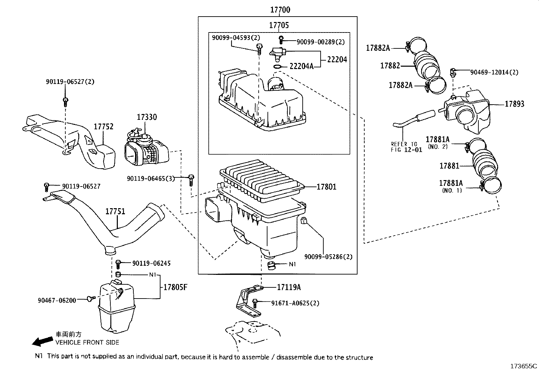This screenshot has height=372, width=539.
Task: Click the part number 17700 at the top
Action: tap(280, 10)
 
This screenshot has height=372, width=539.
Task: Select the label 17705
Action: tap(279, 25)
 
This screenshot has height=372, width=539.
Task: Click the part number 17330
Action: tap(147, 117)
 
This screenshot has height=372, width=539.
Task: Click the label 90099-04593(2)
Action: tap(236, 38)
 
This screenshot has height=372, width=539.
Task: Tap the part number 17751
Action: tap(115, 212)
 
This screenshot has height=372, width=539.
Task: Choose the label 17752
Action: tap(103, 127)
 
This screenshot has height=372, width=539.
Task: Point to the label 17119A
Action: tap(288, 287)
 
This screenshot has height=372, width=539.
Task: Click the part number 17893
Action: tap(514, 104)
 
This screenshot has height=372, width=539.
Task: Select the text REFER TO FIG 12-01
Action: tap(406, 147)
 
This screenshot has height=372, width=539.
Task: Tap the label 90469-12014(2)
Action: tap(494, 72)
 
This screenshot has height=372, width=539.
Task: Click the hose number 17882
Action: tap(390, 66)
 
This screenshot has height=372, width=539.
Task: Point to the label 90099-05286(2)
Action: tap(328, 257)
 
